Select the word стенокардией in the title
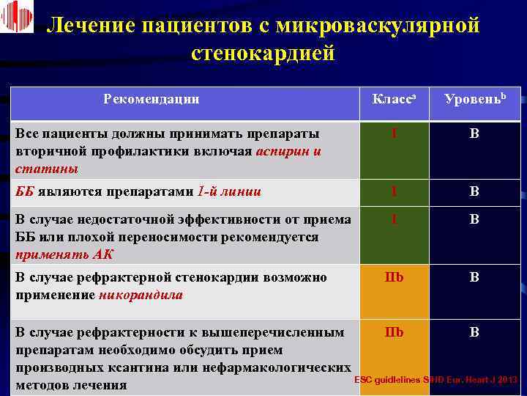click(263, 54)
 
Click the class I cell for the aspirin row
click(394, 135)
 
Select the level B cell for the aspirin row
click(474, 135)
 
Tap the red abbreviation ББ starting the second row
click(25, 192)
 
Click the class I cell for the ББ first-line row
click(394, 192)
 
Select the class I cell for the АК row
click(394, 219)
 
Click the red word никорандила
click(141, 296)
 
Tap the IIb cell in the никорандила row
click(394, 278)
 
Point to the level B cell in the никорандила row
click(474, 278)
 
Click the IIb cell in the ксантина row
click(394, 332)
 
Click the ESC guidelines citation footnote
click(436, 380)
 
